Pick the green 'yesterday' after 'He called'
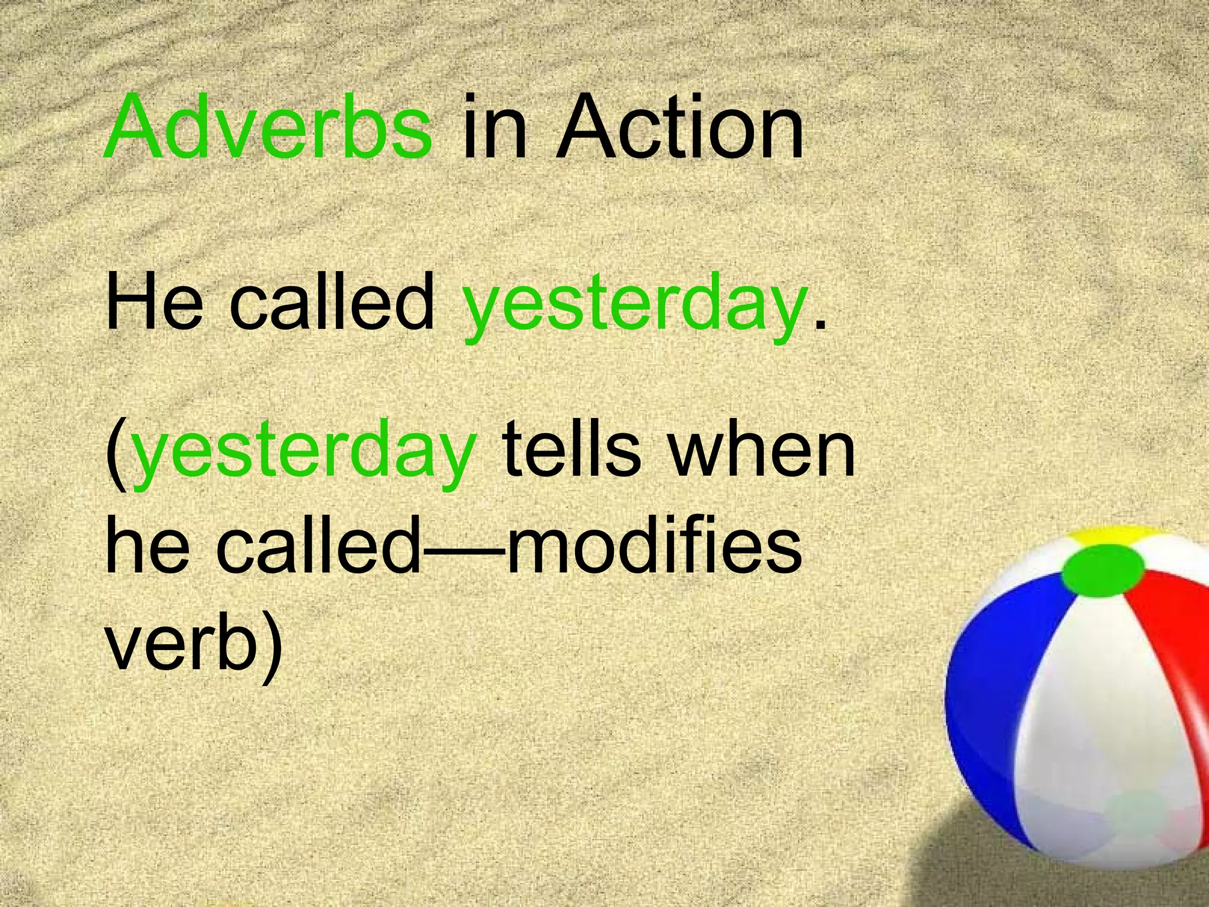point(635,310)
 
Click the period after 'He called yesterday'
point(818,325)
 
